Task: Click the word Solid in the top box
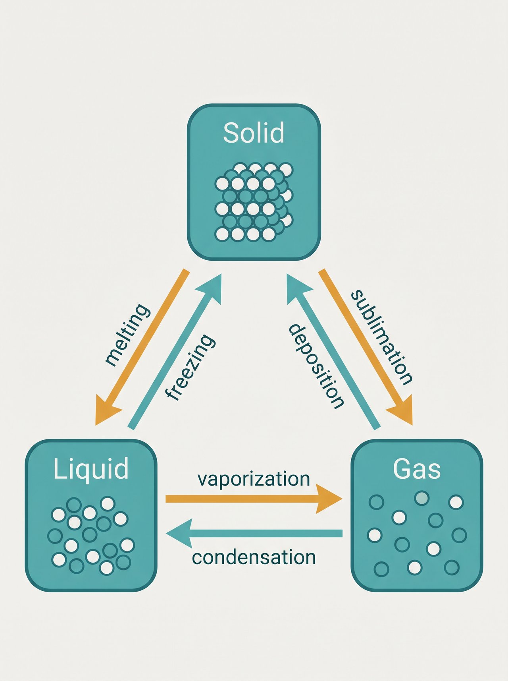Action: tap(254, 133)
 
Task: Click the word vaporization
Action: tap(254, 479)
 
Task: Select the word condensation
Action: tap(254, 557)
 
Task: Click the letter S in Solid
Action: tap(230, 133)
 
